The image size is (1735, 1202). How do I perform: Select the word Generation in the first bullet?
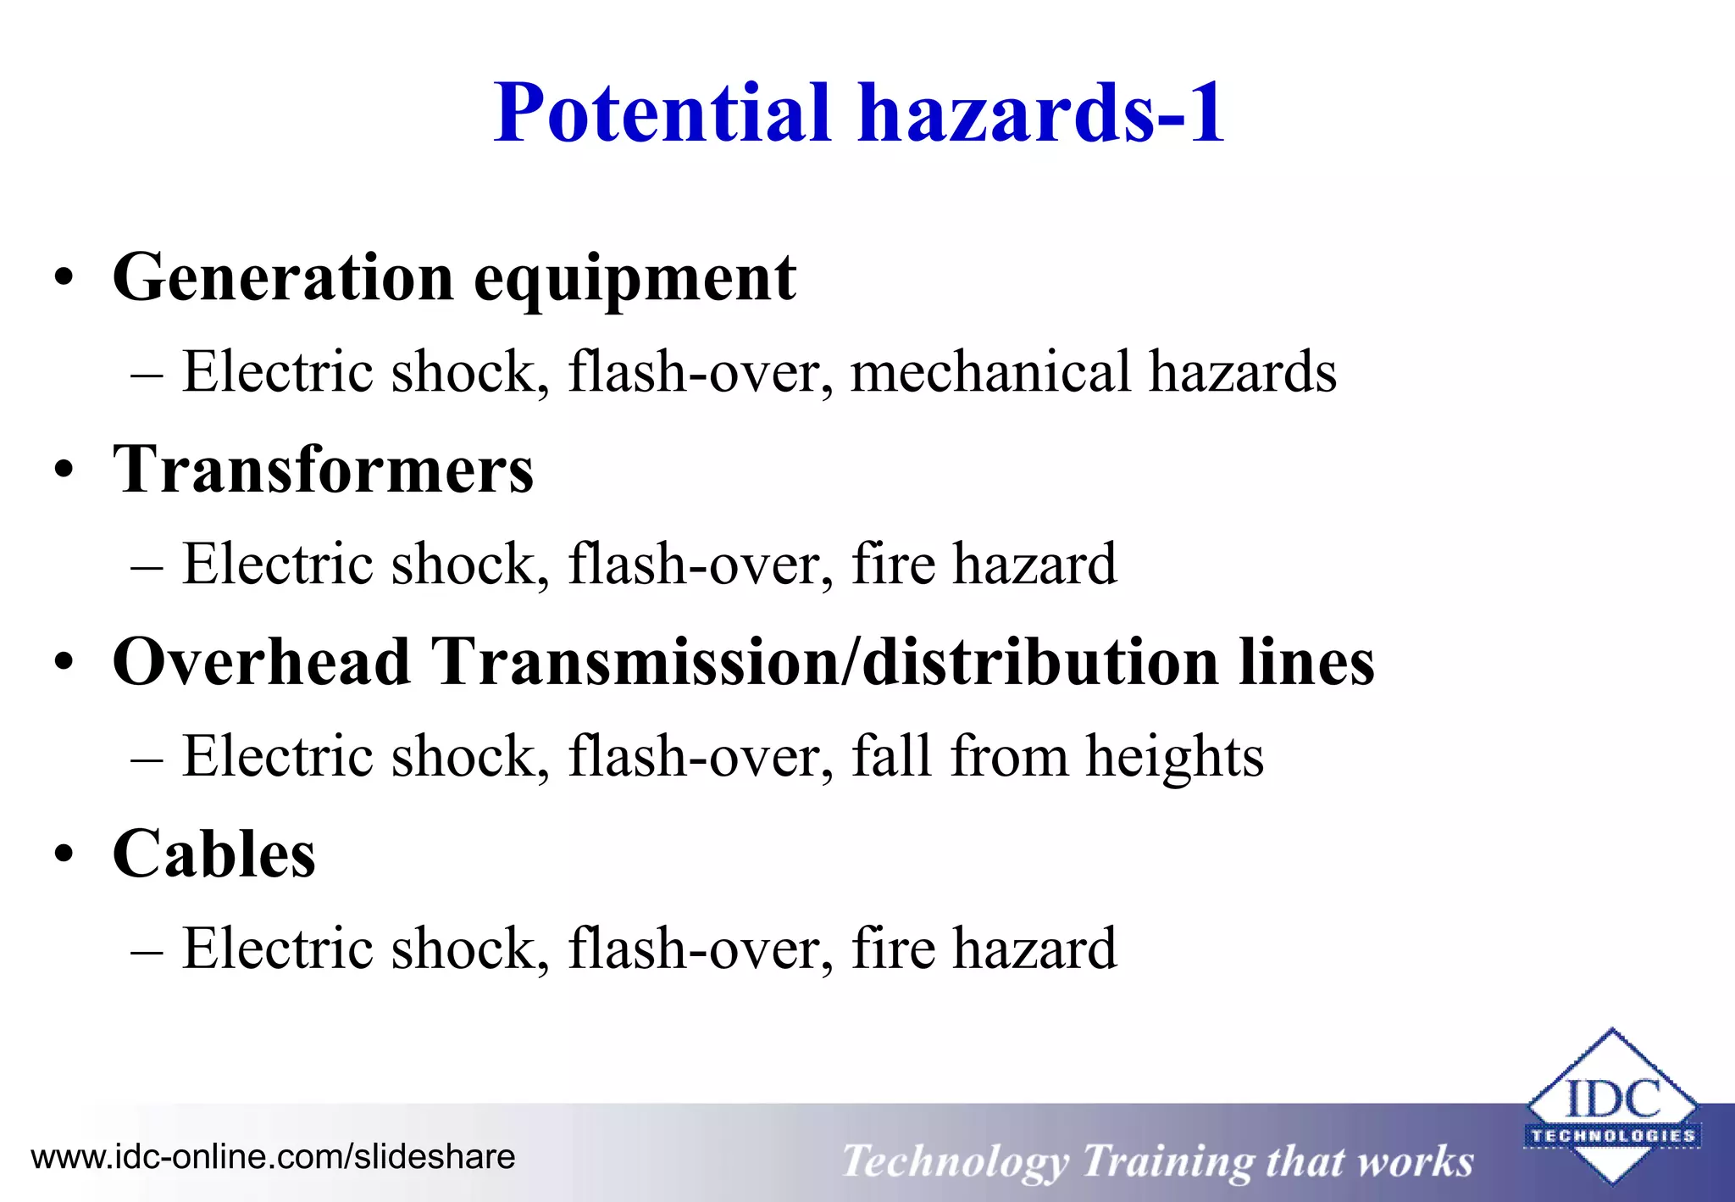[x=284, y=277]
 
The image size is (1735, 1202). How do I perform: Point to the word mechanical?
[x=990, y=372]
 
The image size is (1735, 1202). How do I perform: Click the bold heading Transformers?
[x=323, y=470]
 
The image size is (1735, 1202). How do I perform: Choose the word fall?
[x=890, y=756]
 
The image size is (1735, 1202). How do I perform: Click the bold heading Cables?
[x=213, y=854]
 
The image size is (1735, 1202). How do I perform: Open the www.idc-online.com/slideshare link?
[x=273, y=1157]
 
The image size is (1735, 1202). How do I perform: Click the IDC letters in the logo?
[x=1612, y=1099]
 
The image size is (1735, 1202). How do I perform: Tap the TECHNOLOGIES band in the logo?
[x=1612, y=1136]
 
